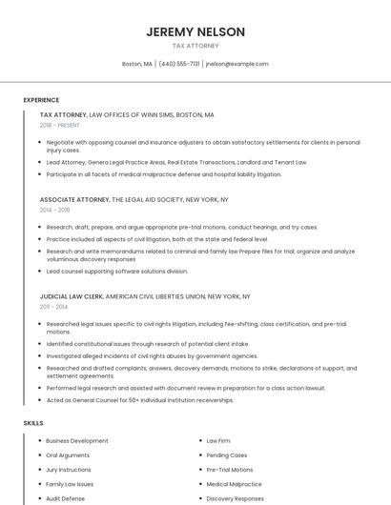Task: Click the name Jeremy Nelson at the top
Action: tap(195, 31)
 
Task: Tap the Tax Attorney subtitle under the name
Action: tap(195, 46)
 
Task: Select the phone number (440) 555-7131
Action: tap(179, 64)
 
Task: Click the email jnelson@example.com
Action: tap(237, 64)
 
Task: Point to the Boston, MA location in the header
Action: tap(137, 64)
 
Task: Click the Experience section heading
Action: tap(41, 100)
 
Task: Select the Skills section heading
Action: tap(33, 422)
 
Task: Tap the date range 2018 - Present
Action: tap(61, 125)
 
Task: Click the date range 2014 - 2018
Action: tap(55, 210)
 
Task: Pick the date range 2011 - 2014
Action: tap(54, 307)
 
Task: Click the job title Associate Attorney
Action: tap(74, 200)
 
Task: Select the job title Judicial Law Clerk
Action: tap(72, 296)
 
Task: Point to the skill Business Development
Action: tap(77, 441)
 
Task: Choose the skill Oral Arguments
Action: tap(68, 455)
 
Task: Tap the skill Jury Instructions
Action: tap(69, 470)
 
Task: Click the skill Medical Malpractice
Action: tap(234, 484)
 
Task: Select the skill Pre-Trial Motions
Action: tap(230, 470)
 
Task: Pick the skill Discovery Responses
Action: tap(235, 498)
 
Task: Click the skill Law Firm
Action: tap(218, 441)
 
